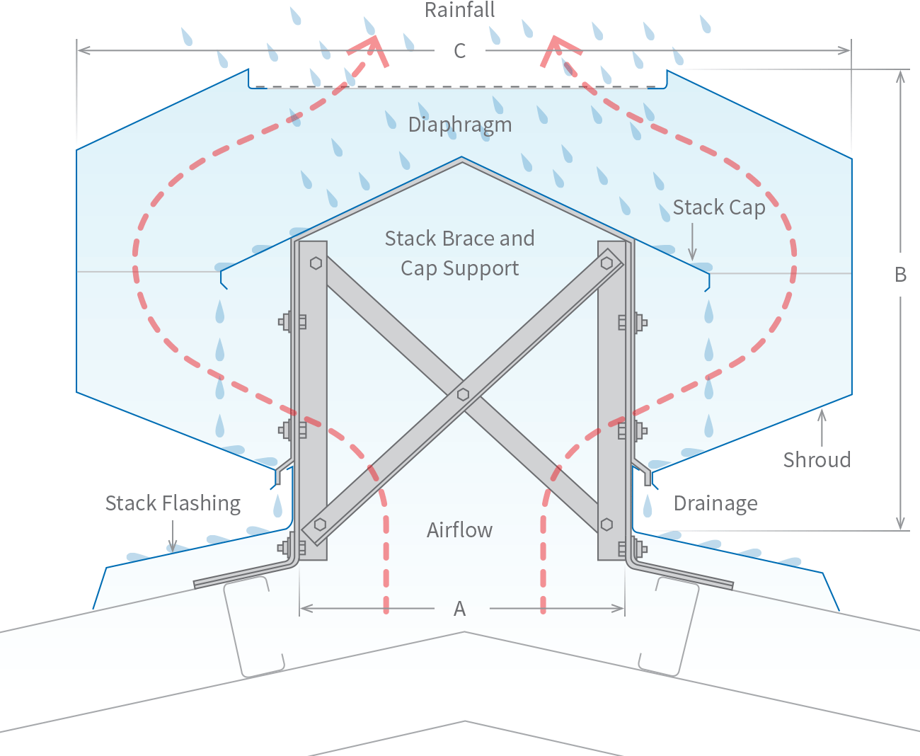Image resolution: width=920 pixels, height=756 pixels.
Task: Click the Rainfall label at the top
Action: tap(459, 11)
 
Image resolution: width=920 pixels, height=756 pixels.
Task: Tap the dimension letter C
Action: tap(460, 51)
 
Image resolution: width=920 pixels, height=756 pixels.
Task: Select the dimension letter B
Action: tap(900, 275)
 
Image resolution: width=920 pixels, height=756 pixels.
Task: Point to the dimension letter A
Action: tap(460, 609)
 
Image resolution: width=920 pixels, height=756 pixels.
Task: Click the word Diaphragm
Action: tap(460, 125)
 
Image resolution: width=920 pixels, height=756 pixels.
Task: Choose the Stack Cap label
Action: tap(719, 207)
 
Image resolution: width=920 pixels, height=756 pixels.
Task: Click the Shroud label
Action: tap(817, 459)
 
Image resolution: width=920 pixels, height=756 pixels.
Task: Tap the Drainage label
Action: tap(715, 503)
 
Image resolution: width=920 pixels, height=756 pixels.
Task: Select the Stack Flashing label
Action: tap(173, 503)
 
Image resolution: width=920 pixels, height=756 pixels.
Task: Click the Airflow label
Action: tap(459, 530)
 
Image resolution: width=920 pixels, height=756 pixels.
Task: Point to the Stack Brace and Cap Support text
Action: tap(459, 253)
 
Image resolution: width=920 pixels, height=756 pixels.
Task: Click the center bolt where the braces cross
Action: tap(463, 394)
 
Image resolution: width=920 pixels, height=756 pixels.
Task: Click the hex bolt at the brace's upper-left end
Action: tap(316, 263)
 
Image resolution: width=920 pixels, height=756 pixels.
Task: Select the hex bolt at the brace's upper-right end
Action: tap(606, 263)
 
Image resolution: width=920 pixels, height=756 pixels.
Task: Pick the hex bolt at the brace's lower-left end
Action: tap(320, 525)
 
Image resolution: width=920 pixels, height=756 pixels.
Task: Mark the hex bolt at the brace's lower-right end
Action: tap(606, 525)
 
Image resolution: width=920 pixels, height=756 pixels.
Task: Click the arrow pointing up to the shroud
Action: tap(822, 425)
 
